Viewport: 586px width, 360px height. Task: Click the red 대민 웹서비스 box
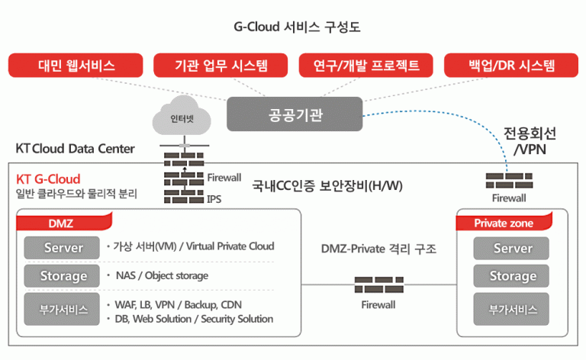click(76, 66)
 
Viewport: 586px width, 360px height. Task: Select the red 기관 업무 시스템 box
click(221, 66)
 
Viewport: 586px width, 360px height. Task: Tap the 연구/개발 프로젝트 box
click(366, 66)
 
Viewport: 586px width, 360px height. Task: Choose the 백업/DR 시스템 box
click(511, 66)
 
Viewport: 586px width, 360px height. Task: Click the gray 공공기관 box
click(295, 114)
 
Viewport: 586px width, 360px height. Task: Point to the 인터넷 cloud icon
click(182, 116)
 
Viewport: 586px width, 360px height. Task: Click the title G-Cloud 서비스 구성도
click(297, 27)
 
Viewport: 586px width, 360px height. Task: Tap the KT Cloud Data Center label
click(75, 149)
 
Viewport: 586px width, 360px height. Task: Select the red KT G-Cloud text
click(48, 179)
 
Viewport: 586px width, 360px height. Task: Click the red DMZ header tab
click(64, 223)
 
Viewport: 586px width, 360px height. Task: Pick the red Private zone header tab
click(504, 223)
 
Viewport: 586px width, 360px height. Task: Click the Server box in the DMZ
click(62, 248)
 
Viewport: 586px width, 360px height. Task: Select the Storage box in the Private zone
click(511, 276)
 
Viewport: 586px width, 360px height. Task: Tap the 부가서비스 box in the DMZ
click(62, 309)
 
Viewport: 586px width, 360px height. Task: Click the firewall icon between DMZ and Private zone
click(379, 284)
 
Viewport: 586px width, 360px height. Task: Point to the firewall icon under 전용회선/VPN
click(509, 180)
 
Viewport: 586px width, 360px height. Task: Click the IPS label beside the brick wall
click(214, 199)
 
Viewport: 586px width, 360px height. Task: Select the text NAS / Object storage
click(162, 275)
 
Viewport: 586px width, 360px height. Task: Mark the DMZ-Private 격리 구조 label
click(378, 249)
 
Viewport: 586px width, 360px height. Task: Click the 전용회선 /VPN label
click(530, 141)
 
